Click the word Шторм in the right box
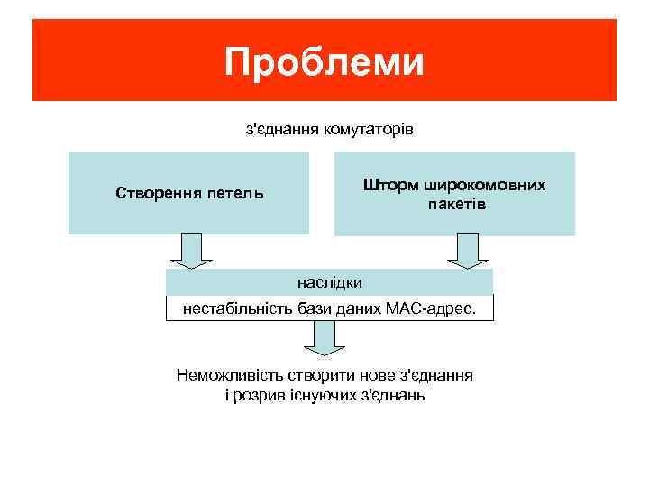coord(390,185)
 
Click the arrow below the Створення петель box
coord(188,252)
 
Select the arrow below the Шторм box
coord(467,252)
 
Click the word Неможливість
coord(232,376)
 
